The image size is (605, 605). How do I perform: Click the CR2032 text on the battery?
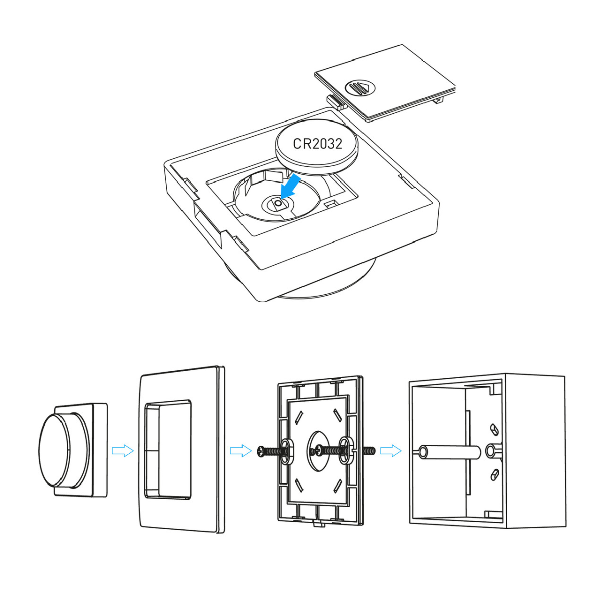pyautogui.click(x=318, y=144)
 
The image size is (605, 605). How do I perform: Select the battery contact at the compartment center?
pyautogui.click(x=278, y=204)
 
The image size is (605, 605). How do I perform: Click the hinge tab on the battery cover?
pyautogui.click(x=336, y=102)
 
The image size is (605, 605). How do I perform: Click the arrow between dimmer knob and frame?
pyautogui.click(x=123, y=451)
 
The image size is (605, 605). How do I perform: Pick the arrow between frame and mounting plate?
pyautogui.click(x=241, y=451)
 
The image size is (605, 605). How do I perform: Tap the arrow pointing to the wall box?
pyautogui.click(x=391, y=451)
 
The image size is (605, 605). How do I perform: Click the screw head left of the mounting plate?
pyautogui.click(x=261, y=451)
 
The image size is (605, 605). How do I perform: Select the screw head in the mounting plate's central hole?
pyautogui.click(x=319, y=449)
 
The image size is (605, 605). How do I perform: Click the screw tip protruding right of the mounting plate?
pyautogui.click(x=369, y=451)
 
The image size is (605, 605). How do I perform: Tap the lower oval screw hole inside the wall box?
pyautogui.click(x=495, y=474)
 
